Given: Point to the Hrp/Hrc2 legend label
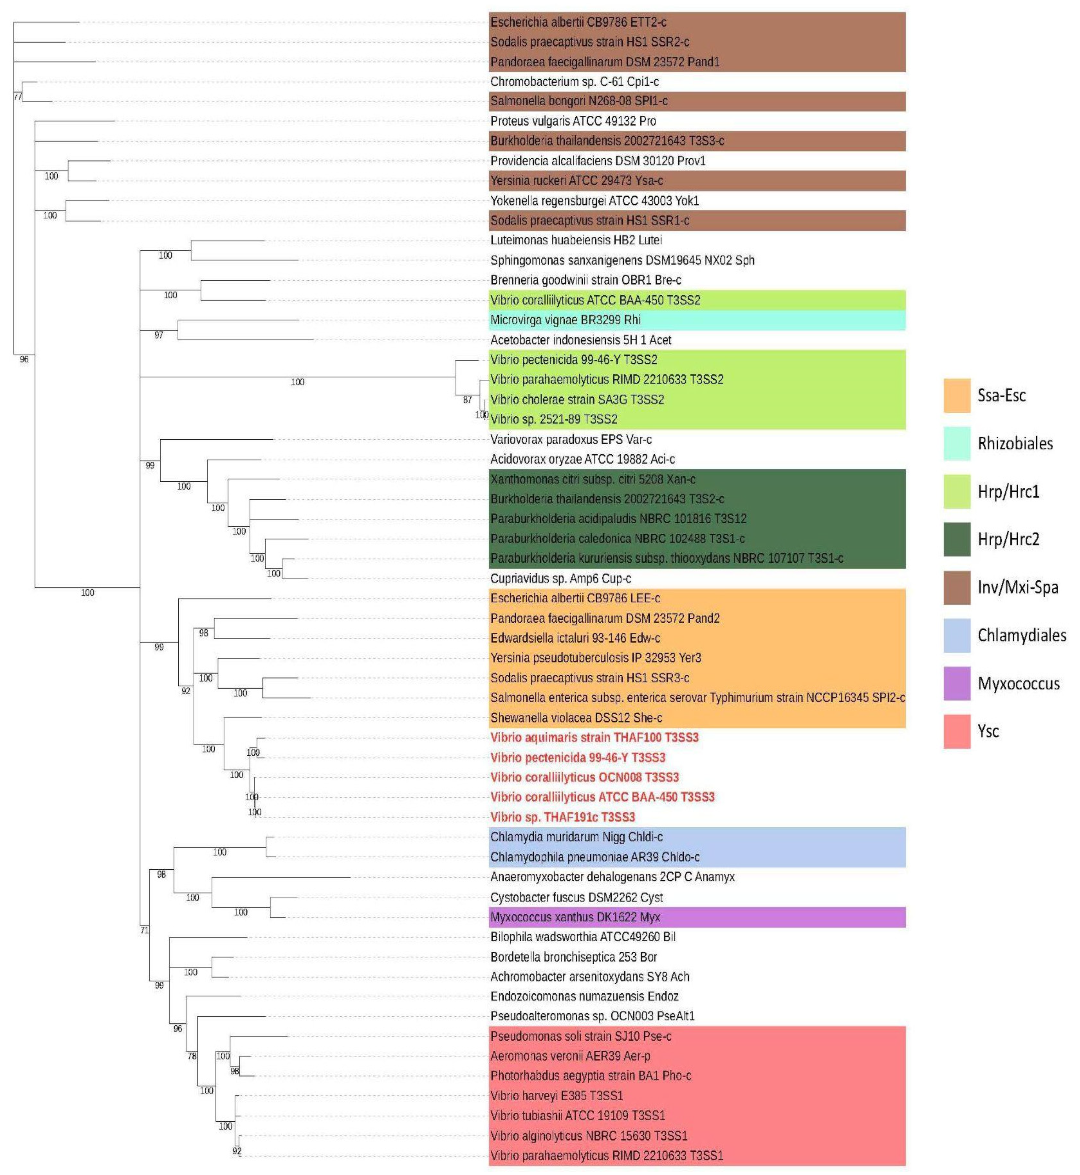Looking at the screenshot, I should click(x=1008, y=539).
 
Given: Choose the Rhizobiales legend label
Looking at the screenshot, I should click(x=1015, y=443).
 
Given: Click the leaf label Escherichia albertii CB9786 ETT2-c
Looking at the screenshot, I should click(x=578, y=22).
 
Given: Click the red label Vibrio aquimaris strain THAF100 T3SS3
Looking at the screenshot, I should click(x=594, y=737).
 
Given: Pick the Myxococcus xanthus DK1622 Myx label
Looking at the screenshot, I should click(x=575, y=917).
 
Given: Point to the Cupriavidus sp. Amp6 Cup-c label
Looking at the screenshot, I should click(x=560, y=578).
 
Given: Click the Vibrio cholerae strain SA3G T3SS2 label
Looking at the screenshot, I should click(x=577, y=399).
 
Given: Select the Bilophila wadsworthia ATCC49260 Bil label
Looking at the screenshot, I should click(x=583, y=936).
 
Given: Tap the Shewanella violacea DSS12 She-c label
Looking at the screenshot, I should click(x=576, y=717).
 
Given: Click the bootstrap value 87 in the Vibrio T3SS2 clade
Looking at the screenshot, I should click(x=467, y=400).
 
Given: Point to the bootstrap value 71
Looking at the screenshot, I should click(x=144, y=930).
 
